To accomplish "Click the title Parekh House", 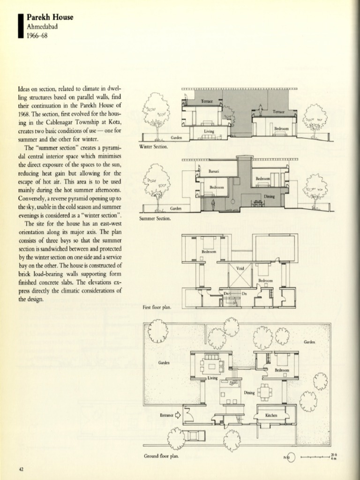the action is click(50, 17).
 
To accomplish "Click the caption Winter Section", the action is click(154, 147).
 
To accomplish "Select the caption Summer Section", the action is click(155, 218).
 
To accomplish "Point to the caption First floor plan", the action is click(157, 307).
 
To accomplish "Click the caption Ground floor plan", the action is click(161, 456).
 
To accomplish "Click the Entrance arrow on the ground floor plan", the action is click(178, 414).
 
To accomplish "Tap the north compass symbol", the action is click(290, 457).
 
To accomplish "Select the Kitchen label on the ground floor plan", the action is click(271, 415).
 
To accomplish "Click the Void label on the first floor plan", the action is click(240, 269).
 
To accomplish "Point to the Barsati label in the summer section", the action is click(214, 172).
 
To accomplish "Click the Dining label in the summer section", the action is click(269, 196).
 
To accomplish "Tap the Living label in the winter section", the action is click(209, 131).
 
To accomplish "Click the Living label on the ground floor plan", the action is click(212, 378).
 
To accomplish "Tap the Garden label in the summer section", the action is click(176, 208).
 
